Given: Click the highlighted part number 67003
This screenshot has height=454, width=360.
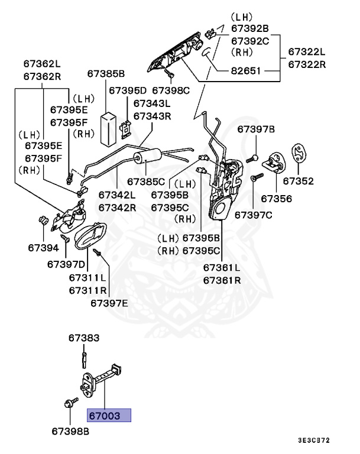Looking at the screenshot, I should coord(109,416).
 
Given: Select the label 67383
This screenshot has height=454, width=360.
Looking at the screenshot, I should coord(83,338).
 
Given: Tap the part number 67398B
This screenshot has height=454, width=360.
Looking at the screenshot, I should coord(70,432).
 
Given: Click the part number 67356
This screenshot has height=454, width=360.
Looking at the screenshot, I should coord(276,199).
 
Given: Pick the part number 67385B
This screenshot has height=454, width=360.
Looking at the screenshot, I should coord(106,74).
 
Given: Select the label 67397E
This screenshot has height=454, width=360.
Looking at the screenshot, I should coord(109,303).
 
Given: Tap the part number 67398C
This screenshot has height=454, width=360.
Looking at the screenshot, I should coord(171,90).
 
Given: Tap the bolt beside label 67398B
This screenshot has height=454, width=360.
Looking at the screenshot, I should coord(67,404).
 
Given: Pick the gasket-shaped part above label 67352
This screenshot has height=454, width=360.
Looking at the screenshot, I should coord(300,153).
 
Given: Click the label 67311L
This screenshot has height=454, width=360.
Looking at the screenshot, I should coord(87,277).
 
